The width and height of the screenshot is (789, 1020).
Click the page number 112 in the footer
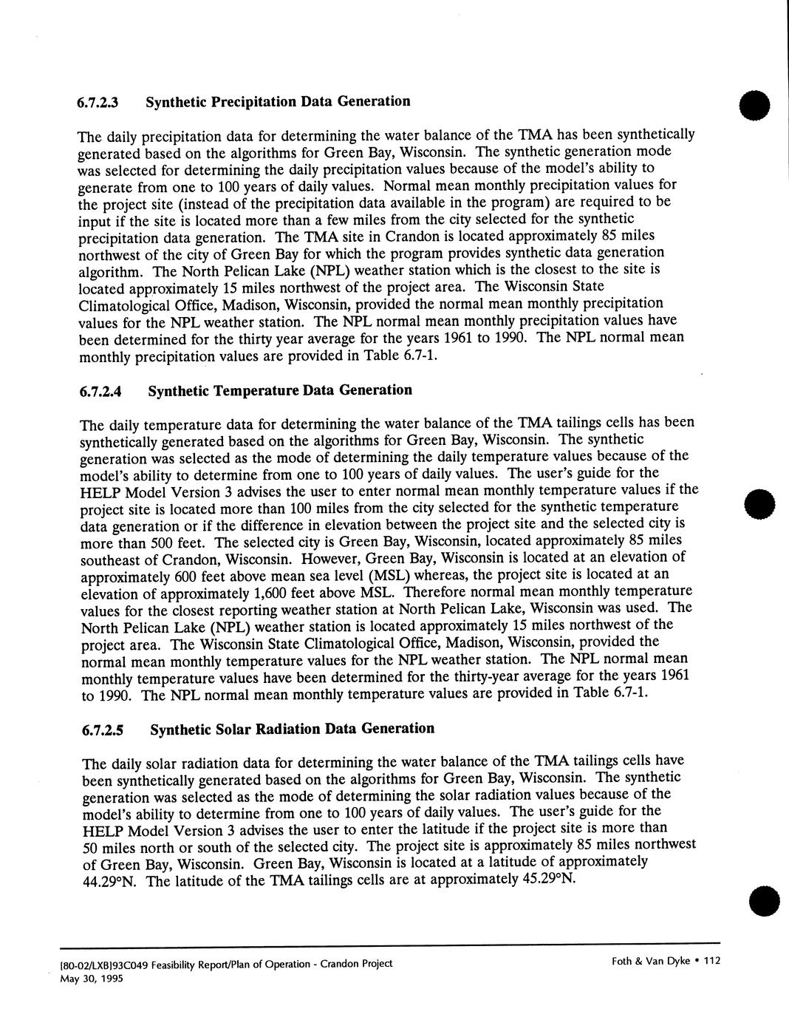tap(711, 961)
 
